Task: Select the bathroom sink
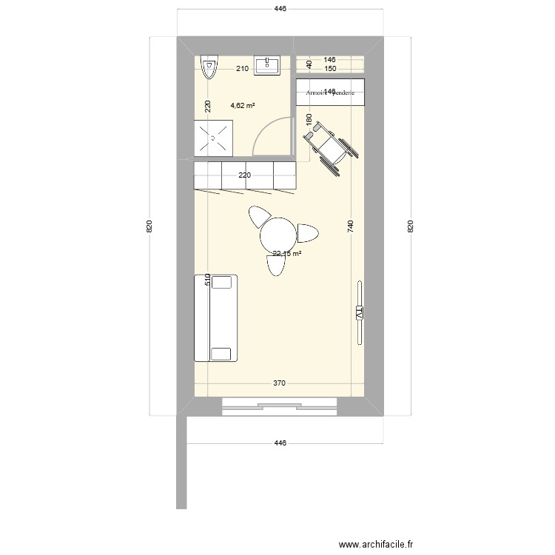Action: (267, 66)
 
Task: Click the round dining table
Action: (278, 235)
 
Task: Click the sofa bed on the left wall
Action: (215, 317)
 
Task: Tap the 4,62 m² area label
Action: (243, 106)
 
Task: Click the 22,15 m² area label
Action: (286, 254)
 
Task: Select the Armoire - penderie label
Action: (331, 92)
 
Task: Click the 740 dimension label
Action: (351, 228)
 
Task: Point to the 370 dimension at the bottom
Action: (279, 383)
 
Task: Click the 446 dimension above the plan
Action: (280, 9)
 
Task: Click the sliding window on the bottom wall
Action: (280, 404)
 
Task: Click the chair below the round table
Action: (275, 265)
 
